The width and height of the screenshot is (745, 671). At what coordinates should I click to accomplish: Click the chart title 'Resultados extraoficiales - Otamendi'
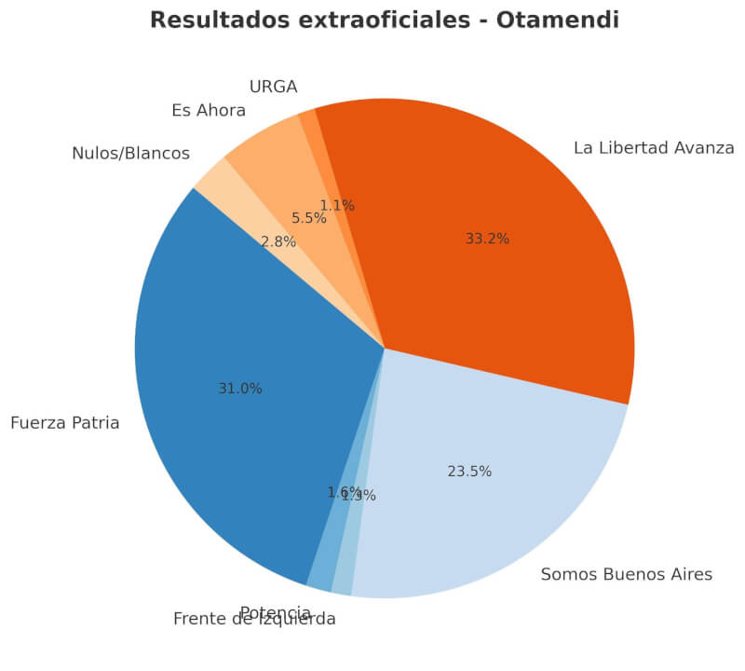pos(384,20)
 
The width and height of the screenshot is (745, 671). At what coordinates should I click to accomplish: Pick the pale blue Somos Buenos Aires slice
pos(484,503)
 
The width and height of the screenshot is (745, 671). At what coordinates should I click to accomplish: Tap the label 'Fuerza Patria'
pos(65,423)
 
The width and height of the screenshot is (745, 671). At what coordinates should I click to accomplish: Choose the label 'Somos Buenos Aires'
pos(626,574)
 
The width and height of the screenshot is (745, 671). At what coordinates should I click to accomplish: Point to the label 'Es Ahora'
pos(209,111)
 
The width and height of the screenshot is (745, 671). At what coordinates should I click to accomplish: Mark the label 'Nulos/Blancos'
pos(130,154)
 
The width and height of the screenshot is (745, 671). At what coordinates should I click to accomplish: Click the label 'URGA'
pos(273,88)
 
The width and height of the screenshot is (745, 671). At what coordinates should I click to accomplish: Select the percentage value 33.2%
pos(487,239)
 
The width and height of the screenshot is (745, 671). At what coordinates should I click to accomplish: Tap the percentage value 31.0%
pos(240,389)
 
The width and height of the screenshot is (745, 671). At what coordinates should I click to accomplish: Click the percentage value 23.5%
pos(469,472)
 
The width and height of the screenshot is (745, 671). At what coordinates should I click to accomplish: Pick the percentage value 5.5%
pos(309,218)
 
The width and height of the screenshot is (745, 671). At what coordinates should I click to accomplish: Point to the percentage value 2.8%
pos(278,242)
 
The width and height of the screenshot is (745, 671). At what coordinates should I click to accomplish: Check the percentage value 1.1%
pos(337,206)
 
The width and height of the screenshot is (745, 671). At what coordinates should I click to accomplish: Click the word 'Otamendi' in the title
pos(557,20)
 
